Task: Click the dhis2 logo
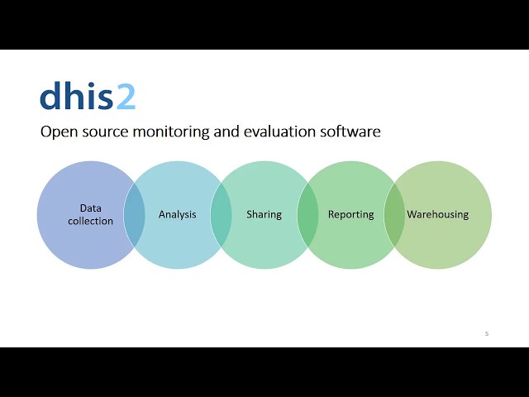tap(87, 97)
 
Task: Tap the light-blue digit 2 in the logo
tap(125, 97)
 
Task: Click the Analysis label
tap(178, 214)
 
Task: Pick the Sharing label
tap(264, 214)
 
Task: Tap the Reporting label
tap(350, 214)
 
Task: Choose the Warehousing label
tap(437, 214)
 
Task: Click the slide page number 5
tap(487, 333)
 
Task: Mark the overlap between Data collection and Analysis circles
tap(134, 215)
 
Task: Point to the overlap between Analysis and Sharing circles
tap(221, 215)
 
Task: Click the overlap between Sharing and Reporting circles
tap(307, 215)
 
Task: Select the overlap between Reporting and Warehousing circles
tap(394, 215)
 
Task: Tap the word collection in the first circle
tap(91, 221)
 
